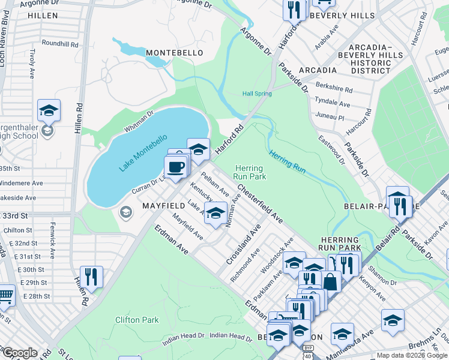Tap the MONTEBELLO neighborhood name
tap(174, 53)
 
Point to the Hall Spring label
tap(257, 94)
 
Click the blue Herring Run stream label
tap(288, 162)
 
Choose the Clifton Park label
tap(137, 320)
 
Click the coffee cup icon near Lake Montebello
tap(175, 167)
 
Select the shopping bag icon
tap(331, 281)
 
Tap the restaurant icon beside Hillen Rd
tap(91, 277)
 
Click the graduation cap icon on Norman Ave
tap(215, 212)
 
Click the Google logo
tap(20, 353)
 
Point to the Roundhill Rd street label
tap(61, 44)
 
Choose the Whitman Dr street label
tap(139, 121)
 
